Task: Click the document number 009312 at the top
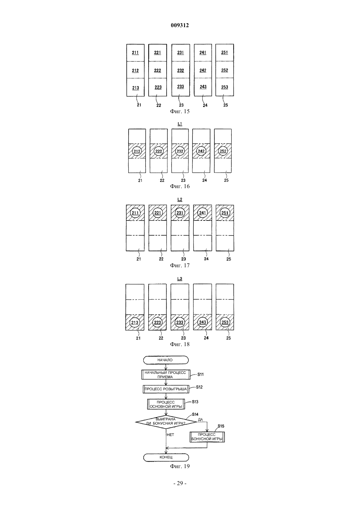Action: click(180, 25)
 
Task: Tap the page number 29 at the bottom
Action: click(180, 483)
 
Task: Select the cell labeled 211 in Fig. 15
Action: click(135, 53)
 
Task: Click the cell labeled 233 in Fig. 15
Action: click(180, 87)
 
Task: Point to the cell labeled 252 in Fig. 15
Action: click(225, 70)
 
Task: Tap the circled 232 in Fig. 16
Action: click(180, 151)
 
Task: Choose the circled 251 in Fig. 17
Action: click(225, 213)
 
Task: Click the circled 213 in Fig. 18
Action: click(135, 323)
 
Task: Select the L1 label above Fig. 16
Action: click(180, 124)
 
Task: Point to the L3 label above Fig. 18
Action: click(180, 279)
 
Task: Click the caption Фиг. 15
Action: click(180, 111)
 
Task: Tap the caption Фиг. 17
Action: click(180, 265)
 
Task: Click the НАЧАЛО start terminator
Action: click(166, 360)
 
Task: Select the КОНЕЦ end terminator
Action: click(166, 457)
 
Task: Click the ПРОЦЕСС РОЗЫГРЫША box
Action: click(166, 389)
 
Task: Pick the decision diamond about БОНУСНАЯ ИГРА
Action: click(166, 422)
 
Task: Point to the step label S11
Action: click(200, 375)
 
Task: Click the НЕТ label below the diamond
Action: click(170, 435)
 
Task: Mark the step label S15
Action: click(221, 426)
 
